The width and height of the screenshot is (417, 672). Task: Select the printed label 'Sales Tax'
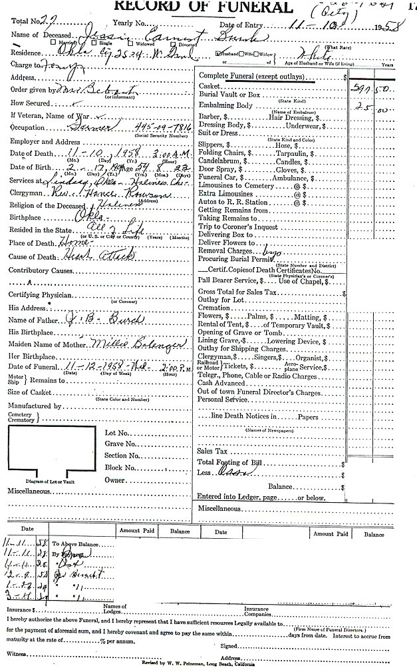(212, 451)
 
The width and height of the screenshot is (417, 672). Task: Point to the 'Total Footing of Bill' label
(232, 462)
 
